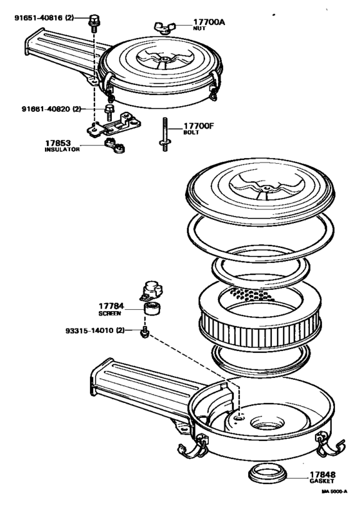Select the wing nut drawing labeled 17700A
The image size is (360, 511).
(165, 26)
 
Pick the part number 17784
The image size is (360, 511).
(111, 306)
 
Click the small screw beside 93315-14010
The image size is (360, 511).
(146, 333)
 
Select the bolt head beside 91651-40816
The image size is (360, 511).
(94, 19)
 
